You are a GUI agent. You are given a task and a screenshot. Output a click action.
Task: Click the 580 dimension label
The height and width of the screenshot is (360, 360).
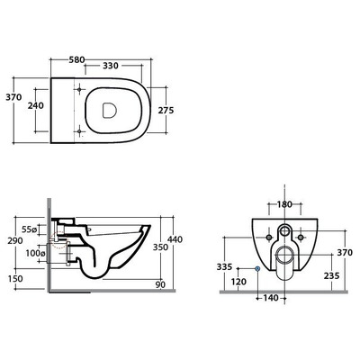click(x=76, y=59)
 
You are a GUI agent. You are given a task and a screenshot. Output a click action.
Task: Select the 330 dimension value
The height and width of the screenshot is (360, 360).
click(x=111, y=66)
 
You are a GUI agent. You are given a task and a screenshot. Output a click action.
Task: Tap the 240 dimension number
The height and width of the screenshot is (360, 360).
click(x=36, y=105)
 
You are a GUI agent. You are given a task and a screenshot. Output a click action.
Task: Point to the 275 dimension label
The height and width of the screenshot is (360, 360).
click(x=166, y=111)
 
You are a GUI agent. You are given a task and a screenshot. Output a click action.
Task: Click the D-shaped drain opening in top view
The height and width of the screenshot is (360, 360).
click(x=109, y=111)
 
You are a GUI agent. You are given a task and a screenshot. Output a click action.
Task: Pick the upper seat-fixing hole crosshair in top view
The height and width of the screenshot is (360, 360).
click(x=79, y=89)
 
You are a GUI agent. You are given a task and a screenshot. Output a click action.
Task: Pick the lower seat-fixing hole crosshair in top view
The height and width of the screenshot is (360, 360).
click(x=79, y=131)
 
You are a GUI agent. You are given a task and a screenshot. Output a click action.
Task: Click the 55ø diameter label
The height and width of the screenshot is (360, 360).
click(x=29, y=229)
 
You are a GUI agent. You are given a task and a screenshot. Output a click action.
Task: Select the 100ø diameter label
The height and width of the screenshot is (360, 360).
click(x=35, y=253)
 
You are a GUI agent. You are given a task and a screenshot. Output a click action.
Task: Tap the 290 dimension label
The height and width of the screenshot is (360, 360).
click(x=15, y=240)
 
